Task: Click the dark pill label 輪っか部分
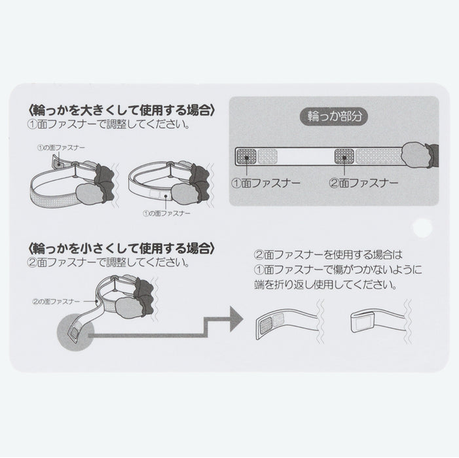click(334, 116)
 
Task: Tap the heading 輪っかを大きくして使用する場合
click(122, 110)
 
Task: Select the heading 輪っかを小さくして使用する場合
click(122, 249)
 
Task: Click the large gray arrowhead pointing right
click(236, 319)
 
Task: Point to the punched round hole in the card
click(422, 228)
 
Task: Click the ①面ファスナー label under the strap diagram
click(266, 183)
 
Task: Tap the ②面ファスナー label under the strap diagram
click(363, 183)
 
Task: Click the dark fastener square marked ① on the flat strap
click(246, 157)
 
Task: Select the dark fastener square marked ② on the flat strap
click(344, 157)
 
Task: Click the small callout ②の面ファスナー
click(56, 301)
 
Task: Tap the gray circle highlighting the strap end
click(75, 332)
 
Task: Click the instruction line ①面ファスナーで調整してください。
click(108, 125)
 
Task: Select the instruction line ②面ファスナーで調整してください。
click(108, 262)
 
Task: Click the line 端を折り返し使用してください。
click(325, 285)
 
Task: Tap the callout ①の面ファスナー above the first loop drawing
click(61, 147)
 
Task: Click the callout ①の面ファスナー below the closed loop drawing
click(166, 213)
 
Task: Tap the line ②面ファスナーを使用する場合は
click(329, 255)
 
